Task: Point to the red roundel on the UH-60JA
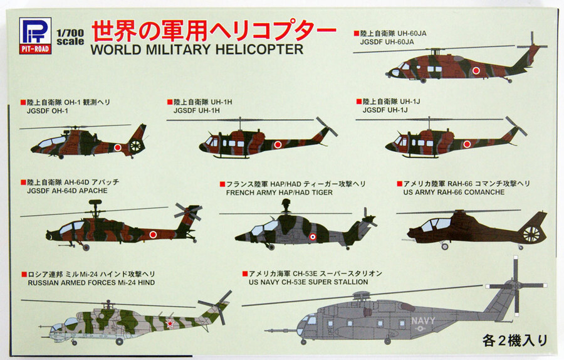coord(477,70)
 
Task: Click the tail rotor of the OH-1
coord(137,146)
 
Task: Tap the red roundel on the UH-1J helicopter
coord(466,144)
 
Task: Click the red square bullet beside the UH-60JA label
coord(355,33)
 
